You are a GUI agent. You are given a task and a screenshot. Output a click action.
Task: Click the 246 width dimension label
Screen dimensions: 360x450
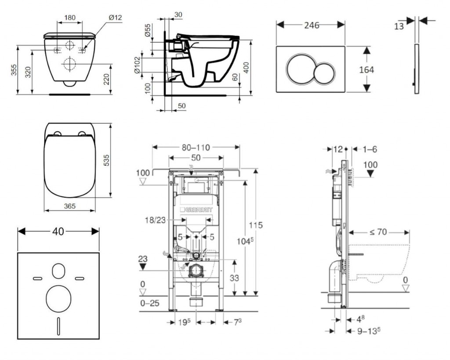pyautogui.click(x=312, y=25)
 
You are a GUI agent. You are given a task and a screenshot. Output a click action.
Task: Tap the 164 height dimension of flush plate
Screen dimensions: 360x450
pyautogui.click(x=366, y=69)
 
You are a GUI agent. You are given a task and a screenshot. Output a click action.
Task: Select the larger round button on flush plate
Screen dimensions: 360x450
pyautogui.click(x=301, y=69)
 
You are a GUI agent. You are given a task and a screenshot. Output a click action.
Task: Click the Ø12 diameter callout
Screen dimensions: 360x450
pyautogui.click(x=116, y=18)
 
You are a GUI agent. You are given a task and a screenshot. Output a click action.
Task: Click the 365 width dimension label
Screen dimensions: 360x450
pyautogui.click(x=70, y=206)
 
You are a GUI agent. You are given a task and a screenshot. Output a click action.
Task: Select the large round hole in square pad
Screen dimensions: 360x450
pyautogui.click(x=58, y=298)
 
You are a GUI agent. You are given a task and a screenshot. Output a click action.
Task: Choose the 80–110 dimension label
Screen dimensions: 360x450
pyautogui.click(x=195, y=148)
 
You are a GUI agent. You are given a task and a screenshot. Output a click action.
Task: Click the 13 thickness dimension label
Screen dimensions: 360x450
pyautogui.click(x=399, y=26)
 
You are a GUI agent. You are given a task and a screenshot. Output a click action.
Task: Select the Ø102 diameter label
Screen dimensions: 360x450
pyautogui.click(x=137, y=64)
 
